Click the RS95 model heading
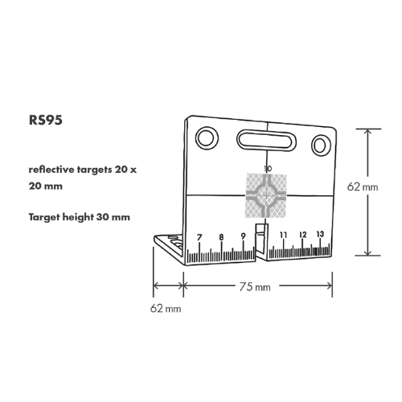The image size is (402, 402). click(46, 120)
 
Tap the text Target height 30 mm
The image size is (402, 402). click(80, 217)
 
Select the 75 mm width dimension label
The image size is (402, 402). click(255, 287)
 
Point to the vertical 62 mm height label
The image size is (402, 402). click(363, 187)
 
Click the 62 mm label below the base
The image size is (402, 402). click(166, 309)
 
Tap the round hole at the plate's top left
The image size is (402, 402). click(207, 138)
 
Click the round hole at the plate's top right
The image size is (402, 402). click(321, 146)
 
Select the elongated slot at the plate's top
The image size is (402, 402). click(266, 141)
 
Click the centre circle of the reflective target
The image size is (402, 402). click(266, 195)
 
